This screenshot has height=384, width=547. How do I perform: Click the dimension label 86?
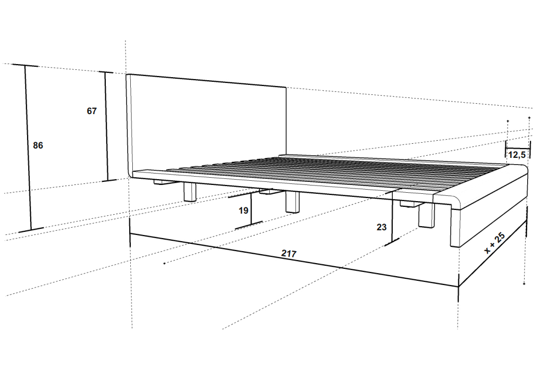tap(38, 145)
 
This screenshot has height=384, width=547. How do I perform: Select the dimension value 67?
tap(91, 111)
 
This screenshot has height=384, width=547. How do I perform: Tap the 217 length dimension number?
tap(289, 254)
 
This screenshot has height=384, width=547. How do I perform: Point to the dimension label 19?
tap(243, 210)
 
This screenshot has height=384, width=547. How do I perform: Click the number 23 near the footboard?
tap(382, 227)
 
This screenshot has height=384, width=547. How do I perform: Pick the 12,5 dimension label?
tap(517, 154)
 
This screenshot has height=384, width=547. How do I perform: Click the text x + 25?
tap(495, 243)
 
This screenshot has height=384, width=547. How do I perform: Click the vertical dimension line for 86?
tap(28, 147)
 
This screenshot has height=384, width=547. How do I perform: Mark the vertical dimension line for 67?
tap(106, 127)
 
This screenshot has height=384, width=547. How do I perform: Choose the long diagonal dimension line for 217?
tap(294, 260)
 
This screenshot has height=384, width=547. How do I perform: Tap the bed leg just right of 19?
tap(292, 202)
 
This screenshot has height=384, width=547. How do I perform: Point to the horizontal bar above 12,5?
tap(518, 147)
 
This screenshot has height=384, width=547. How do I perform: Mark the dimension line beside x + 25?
tap(492, 255)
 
